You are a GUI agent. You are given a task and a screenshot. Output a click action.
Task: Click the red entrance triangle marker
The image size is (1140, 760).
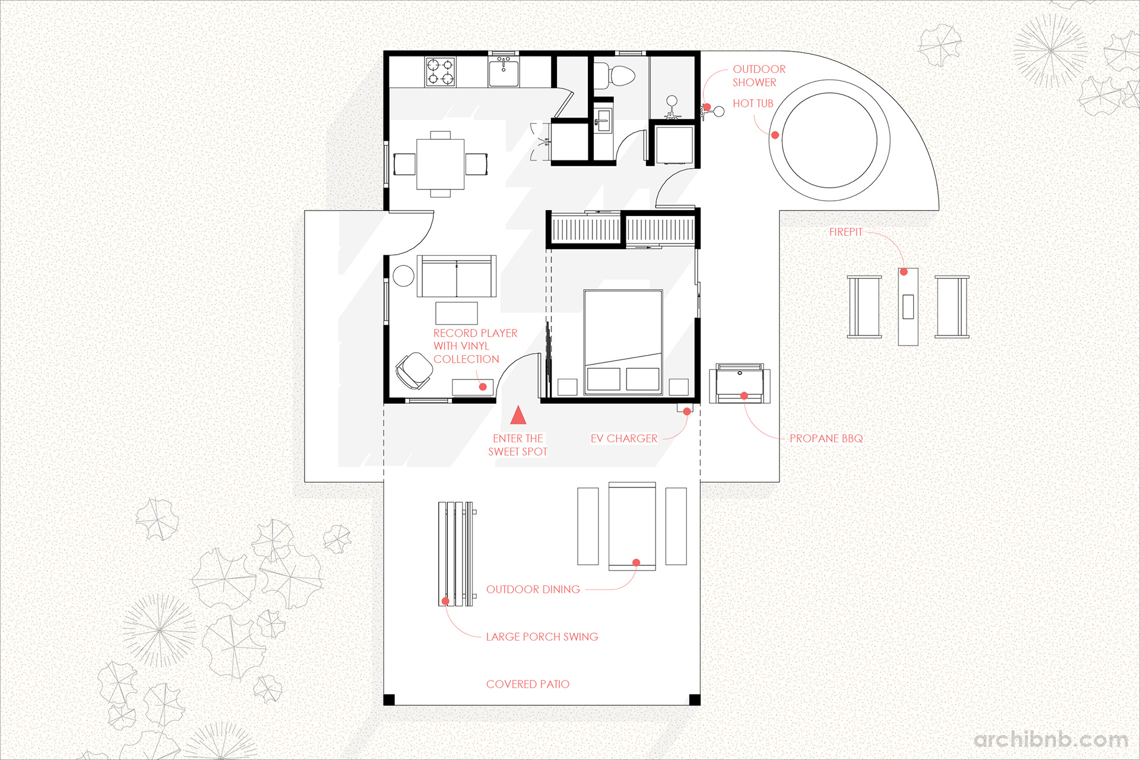[518, 416]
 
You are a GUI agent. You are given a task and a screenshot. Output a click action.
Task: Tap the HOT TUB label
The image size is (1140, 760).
[753, 103]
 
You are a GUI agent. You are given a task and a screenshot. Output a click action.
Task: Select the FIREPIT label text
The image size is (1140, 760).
[845, 232]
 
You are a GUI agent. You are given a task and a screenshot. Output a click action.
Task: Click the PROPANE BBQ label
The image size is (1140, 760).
[826, 439]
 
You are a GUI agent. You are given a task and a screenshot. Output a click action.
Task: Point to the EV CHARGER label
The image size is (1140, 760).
[623, 439]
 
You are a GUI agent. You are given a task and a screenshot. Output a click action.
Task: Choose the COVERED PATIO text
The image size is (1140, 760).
[527, 684]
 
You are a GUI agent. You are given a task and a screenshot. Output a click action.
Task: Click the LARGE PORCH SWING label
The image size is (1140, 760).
[541, 636]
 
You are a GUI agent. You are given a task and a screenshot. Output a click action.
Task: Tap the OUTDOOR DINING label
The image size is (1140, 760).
[533, 590]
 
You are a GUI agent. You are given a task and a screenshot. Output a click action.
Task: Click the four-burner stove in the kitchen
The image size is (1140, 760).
[440, 71]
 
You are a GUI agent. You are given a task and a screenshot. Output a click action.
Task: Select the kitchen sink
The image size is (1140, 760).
[503, 72]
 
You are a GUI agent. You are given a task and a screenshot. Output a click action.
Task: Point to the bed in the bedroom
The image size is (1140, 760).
[623, 341]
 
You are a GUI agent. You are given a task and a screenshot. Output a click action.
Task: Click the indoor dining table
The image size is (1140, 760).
[440, 164]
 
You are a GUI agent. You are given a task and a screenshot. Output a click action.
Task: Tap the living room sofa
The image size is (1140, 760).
[456, 277]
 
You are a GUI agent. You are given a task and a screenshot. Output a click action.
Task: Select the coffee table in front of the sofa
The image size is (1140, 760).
[456, 312]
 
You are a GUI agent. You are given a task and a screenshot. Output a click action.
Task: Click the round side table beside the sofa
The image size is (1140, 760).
[403, 276]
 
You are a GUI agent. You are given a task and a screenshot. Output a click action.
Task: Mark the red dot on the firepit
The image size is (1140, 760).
[904, 272]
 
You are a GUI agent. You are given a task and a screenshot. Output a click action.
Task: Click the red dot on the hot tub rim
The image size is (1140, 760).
[775, 135]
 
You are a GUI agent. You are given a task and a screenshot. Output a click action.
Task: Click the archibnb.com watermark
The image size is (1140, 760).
[1050, 740]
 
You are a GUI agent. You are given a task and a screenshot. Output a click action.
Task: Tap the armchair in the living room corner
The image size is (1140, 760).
[413, 370]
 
